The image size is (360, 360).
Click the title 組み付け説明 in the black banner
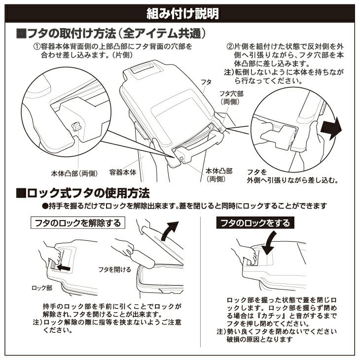pyautogui.click(x=182, y=13)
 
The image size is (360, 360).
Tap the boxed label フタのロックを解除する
pyautogui.click(x=78, y=223)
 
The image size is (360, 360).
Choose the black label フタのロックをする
pyautogui.click(x=255, y=223)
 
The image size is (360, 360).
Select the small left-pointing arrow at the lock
pyautogui.click(x=63, y=267)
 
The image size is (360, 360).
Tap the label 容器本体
pyautogui.click(x=123, y=172)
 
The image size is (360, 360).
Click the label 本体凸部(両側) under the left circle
pyautogui.click(x=74, y=173)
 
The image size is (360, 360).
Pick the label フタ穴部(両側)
pyautogui.click(x=231, y=98)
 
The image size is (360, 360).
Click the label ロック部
pyautogui.click(x=42, y=288)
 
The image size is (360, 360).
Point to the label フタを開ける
pyautogui.click(x=114, y=269)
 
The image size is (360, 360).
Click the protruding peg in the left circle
pyautogui.click(x=76, y=126)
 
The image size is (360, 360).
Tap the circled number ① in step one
pyautogui.click(x=37, y=47)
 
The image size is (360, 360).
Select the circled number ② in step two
pyautogui.click(x=230, y=47)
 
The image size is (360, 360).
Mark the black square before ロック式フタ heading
pyautogui.click(x=21, y=193)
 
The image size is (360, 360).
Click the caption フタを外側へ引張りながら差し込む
pyautogui.click(x=293, y=176)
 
